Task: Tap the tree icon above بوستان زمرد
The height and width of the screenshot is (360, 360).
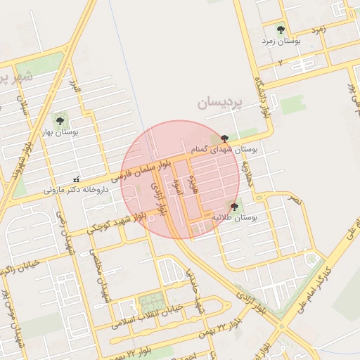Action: click(281, 30)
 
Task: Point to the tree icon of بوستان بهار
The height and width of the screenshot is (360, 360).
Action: click(59, 120)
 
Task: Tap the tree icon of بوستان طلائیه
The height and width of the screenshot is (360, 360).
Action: click(234, 206)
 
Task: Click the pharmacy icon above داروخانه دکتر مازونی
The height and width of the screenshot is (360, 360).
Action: click(76, 177)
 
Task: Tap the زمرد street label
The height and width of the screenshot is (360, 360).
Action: click(318, 30)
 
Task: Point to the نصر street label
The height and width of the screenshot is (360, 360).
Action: click(294, 200)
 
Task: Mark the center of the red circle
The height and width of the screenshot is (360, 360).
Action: click(180, 180)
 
